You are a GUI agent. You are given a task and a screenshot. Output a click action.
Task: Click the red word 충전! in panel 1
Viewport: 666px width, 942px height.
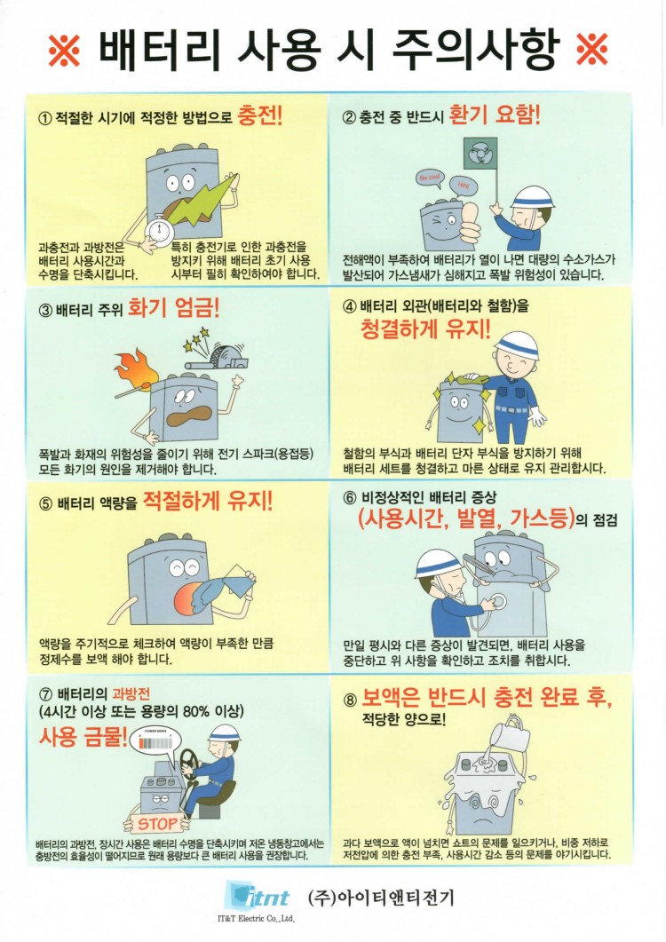click(x=260, y=115)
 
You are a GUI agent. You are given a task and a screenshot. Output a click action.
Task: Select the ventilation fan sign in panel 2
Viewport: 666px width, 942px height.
click(x=480, y=154)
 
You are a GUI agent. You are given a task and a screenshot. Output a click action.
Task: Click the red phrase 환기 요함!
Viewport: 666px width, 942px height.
click(x=495, y=115)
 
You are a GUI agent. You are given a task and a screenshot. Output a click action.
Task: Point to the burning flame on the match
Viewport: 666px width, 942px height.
click(x=136, y=366)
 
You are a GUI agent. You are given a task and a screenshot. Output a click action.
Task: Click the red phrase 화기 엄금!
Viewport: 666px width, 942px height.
click(x=174, y=307)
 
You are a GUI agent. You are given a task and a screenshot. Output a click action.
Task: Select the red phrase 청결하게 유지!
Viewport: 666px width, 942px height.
click(x=425, y=329)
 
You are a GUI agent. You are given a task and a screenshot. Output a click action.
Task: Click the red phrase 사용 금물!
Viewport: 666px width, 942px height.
click(x=83, y=736)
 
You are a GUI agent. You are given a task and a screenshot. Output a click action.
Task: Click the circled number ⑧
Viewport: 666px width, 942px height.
click(x=350, y=701)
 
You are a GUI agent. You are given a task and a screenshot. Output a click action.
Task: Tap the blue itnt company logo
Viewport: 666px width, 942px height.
click(x=256, y=896)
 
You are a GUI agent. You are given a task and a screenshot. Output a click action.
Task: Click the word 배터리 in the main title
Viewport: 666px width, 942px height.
click(x=159, y=49)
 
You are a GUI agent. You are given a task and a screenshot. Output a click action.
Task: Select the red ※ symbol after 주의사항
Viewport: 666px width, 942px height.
click(x=592, y=49)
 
